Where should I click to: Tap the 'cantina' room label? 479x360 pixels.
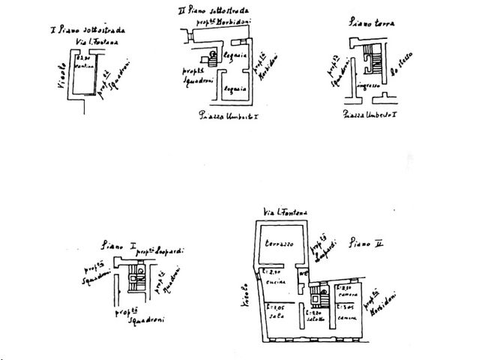coord(84,66)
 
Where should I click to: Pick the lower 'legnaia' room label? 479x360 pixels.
coord(237,88)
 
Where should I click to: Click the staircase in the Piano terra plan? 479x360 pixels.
coord(370,60)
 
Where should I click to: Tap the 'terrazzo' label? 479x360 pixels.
coord(277,245)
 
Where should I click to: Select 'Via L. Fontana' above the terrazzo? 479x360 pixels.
coord(283,214)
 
